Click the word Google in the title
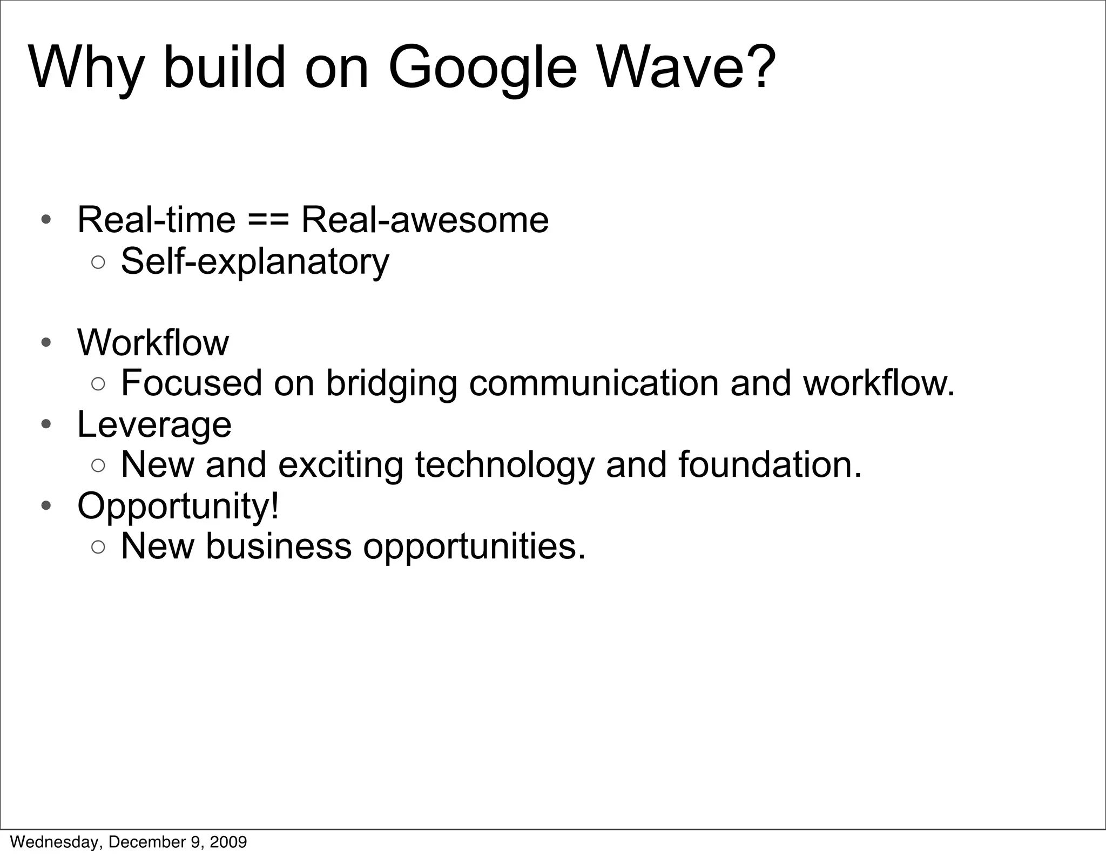[x=482, y=69]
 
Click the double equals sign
[x=268, y=220]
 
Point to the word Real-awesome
[x=424, y=220]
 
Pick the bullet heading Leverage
[x=154, y=424]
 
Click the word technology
[x=504, y=465]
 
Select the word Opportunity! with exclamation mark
[x=178, y=507]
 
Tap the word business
[x=279, y=546]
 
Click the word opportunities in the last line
[x=474, y=547]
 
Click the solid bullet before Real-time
[x=46, y=220]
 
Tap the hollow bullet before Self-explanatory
[x=98, y=262]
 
